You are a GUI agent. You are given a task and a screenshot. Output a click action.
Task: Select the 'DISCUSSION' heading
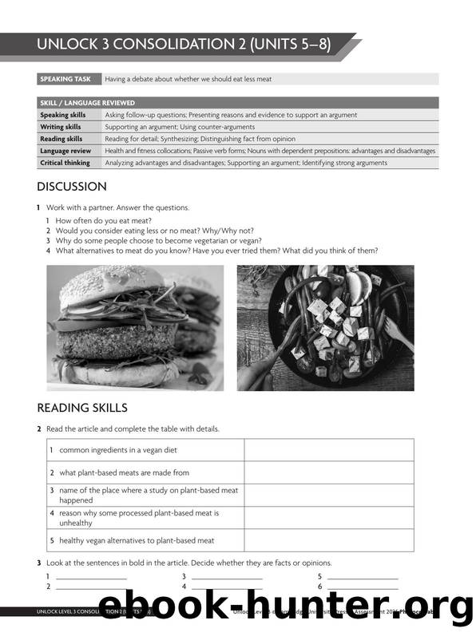tap(72, 187)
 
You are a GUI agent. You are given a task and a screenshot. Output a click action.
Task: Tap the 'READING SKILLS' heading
tap(82, 408)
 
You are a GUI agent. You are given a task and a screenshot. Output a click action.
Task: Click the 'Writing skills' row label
tap(61, 127)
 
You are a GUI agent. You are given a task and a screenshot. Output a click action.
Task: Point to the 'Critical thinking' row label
tap(65, 163)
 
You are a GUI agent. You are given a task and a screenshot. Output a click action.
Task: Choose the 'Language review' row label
tap(65, 151)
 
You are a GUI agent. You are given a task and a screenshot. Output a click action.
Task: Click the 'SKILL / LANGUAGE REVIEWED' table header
tap(87, 103)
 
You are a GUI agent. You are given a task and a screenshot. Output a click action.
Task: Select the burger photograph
tap(135, 326)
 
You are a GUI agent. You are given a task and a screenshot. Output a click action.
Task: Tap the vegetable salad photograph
tap(325, 326)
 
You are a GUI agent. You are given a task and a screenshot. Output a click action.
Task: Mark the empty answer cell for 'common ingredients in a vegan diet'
tap(328, 450)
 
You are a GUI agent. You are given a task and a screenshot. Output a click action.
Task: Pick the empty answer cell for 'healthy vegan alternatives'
tap(328, 540)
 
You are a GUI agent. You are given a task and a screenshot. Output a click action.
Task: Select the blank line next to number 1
tap(91, 576)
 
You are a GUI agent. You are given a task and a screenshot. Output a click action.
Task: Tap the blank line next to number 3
tap(227, 576)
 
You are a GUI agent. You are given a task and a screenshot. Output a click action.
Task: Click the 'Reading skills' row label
tap(61, 139)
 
